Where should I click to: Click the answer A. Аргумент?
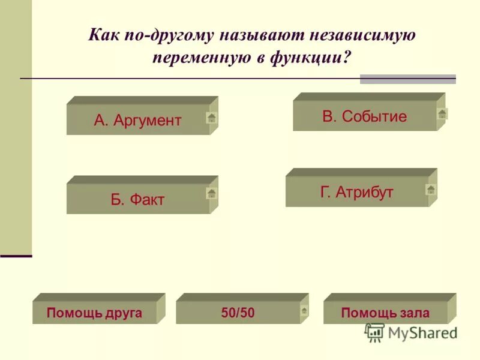(137, 120)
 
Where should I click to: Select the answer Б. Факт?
(137, 199)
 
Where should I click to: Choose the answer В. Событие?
(364, 116)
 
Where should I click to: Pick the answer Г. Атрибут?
(357, 192)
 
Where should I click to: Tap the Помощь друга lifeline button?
(94, 313)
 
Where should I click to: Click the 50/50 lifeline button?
(238, 313)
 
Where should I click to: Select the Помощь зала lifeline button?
(385, 313)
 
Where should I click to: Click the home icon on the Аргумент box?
(211, 118)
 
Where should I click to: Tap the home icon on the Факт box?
(211, 193)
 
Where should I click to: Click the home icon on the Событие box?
(442, 113)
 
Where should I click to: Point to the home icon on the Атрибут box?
(431, 190)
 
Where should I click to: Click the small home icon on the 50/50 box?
(304, 310)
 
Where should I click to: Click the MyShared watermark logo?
(412, 332)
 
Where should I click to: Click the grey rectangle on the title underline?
(407, 79)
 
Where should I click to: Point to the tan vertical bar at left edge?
(16, 126)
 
